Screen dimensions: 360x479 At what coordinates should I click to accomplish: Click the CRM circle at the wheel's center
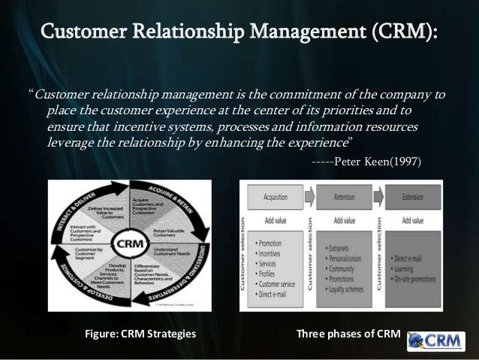point(130,246)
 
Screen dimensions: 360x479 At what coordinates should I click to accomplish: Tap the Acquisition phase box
point(276,198)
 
